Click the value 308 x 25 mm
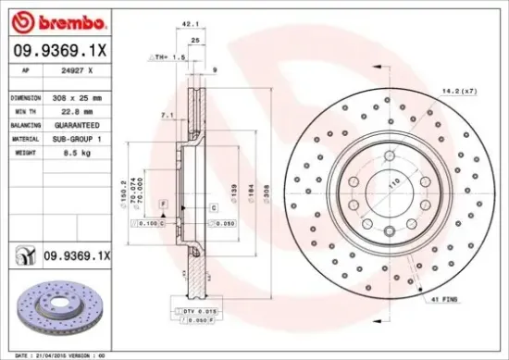point(80,96)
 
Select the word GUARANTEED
point(79,124)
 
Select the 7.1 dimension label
point(166,115)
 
